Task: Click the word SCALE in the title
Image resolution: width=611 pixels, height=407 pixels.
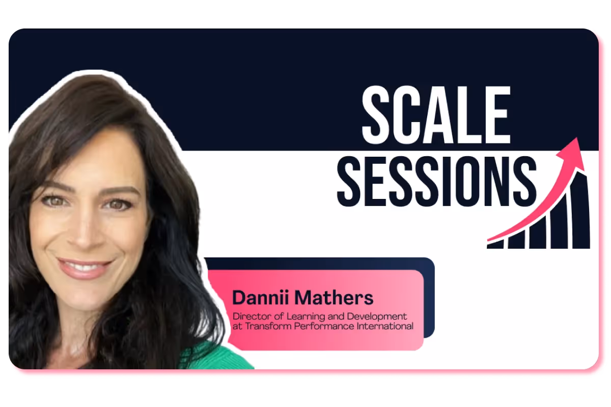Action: pos(436,115)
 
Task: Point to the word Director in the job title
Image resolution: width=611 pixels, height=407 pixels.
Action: pos(248,316)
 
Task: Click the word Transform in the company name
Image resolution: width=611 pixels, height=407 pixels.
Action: pos(263,326)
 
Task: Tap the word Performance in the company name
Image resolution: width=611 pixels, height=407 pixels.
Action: pos(318,326)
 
